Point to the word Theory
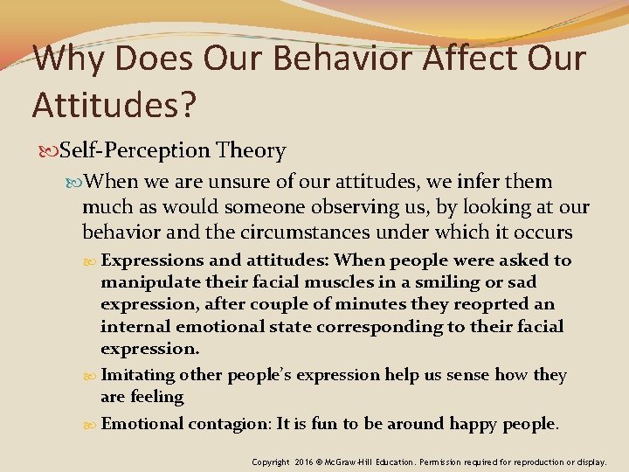pyautogui.click(x=253, y=151)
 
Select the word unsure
pyautogui.click(x=239, y=183)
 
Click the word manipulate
pyautogui.click(x=145, y=282)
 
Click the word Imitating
pyautogui.click(x=139, y=375)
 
